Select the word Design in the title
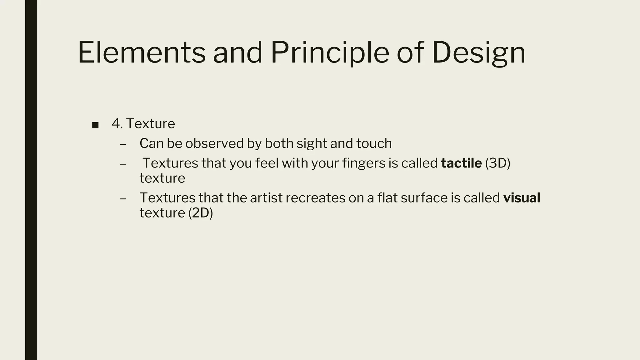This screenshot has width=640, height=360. [x=478, y=53]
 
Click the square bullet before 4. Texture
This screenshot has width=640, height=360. [x=96, y=125]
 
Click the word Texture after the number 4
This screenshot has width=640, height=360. [x=151, y=124]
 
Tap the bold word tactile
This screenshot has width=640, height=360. [x=461, y=163]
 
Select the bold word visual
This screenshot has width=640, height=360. [x=522, y=198]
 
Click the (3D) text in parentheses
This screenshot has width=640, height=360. [x=497, y=163]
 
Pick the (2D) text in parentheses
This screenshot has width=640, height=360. [x=201, y=213]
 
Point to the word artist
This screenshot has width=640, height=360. [x=266, y=198]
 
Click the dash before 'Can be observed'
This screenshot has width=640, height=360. [x=123, y=144]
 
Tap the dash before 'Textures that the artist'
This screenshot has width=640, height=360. [x=123, y=198]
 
